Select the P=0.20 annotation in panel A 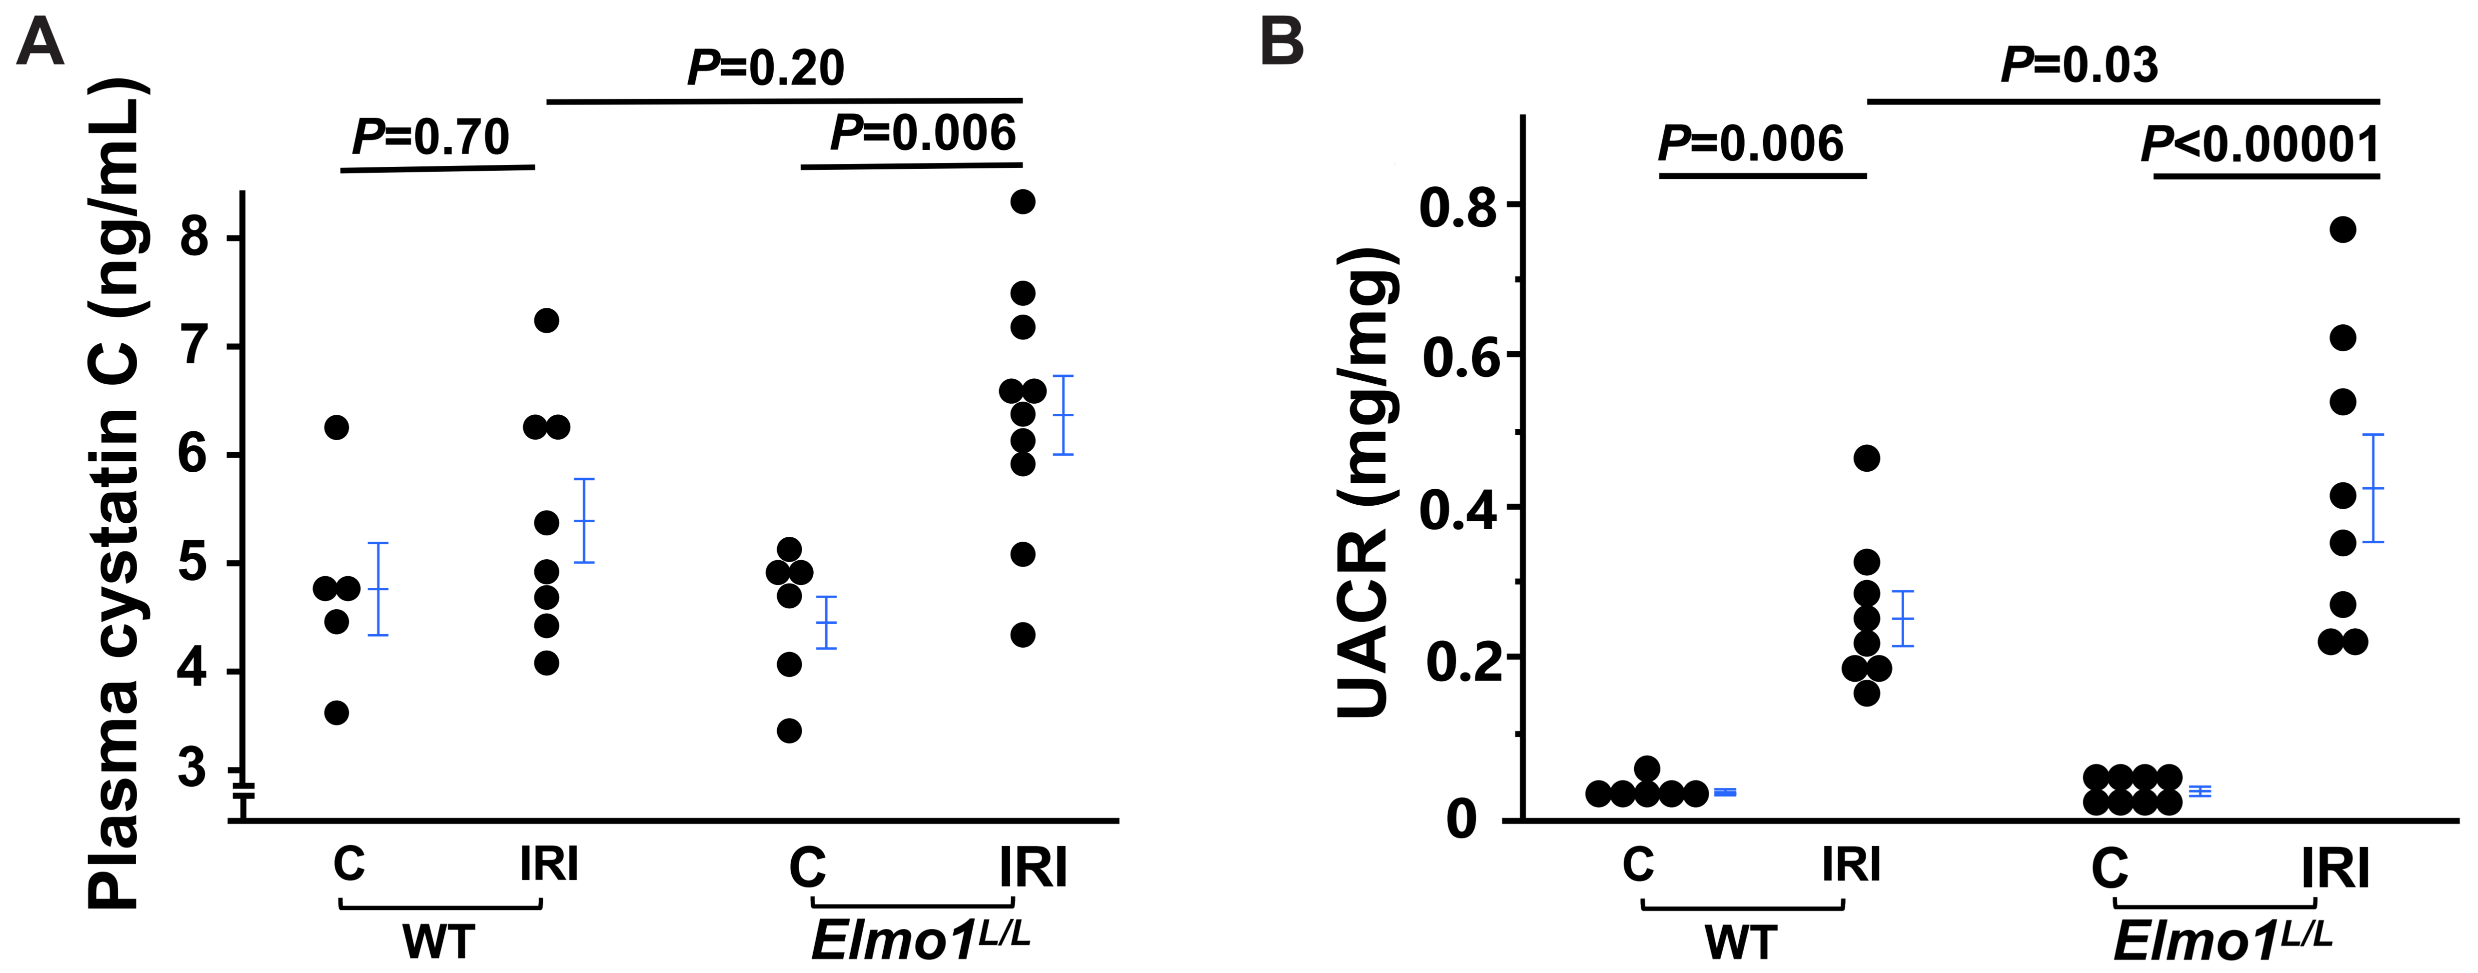pos(765,67)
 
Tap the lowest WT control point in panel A pos(337,712)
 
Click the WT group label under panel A pos(438,941)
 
